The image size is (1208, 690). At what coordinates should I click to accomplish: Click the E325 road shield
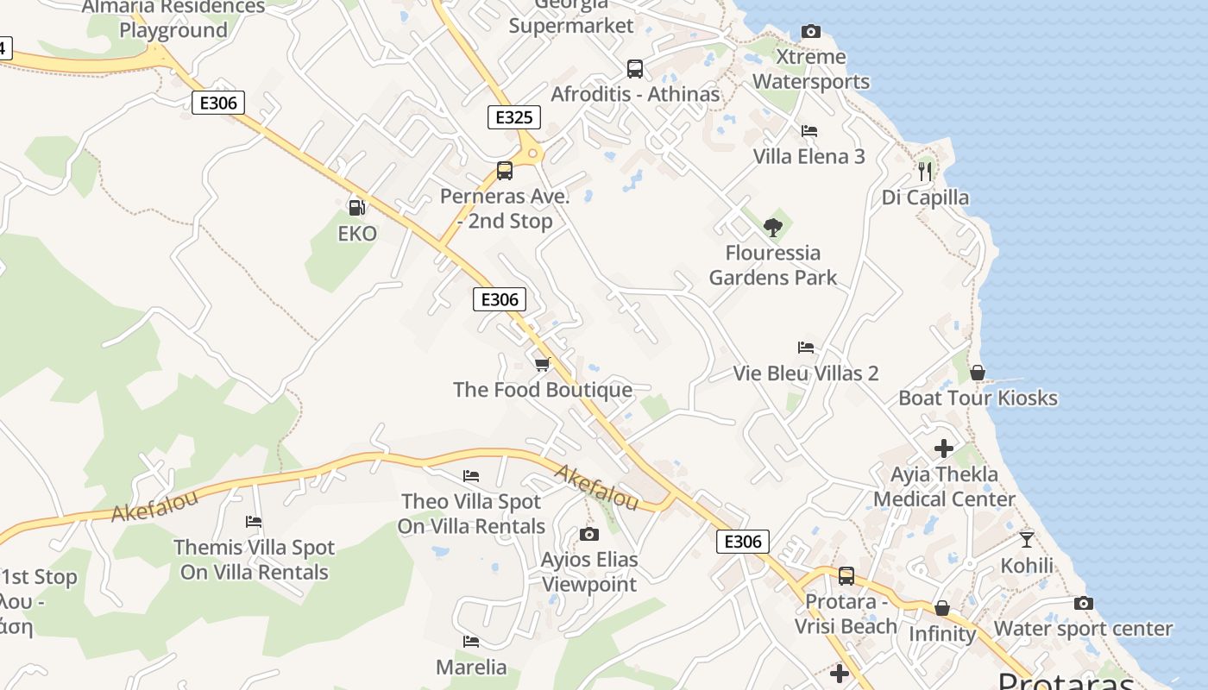pos(514,117)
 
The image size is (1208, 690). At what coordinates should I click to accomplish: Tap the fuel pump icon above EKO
pos(356,207)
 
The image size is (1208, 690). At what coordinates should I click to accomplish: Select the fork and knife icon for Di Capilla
pos(925,171)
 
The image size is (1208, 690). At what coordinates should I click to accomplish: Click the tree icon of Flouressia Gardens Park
pos(773,228)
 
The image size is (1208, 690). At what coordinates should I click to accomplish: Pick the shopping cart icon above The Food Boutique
pos(542,365)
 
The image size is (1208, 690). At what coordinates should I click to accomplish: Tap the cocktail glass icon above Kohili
pos(1027,540)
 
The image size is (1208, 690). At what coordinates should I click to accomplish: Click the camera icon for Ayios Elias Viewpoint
pos(589,535)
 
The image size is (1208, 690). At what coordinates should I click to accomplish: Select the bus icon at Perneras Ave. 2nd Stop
pos(505,171)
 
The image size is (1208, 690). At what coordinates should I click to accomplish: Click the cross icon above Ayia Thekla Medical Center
pos(944,448)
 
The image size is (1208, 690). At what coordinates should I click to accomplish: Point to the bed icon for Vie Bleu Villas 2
pos(806,348)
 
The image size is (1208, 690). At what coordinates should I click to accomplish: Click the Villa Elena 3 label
pos(808,157)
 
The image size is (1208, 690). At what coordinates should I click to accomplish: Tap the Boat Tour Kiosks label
pos(978,398)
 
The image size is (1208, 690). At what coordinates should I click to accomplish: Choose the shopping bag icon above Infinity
pos(942,609)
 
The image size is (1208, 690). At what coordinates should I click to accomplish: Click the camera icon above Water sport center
pos(1084,604)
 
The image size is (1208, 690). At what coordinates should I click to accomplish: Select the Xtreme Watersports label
pos(811,69)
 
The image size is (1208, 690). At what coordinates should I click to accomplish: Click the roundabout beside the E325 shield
pos(533,154)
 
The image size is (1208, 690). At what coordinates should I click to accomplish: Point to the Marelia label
pos(471,667)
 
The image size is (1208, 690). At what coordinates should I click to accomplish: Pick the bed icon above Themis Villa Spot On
pos(254,522)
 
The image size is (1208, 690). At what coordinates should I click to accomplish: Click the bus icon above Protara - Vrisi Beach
pos(846,575)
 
